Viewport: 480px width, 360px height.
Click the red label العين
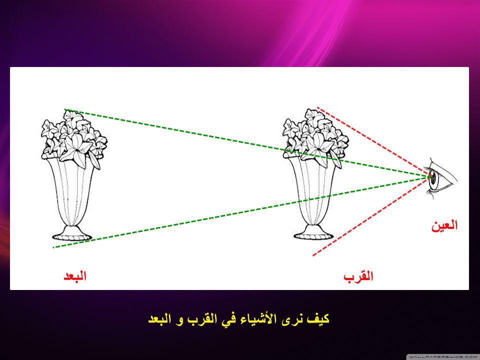(x=444, y=225)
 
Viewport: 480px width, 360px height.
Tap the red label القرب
(x=358, y=276)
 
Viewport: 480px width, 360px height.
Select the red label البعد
(x=75, y=276)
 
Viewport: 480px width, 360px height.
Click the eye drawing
(x=441, y=179)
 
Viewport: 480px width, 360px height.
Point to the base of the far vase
(x=72, y=233)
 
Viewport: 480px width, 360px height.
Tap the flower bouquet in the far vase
(x=74, y=139)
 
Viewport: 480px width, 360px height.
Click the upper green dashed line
(x=246, y=142)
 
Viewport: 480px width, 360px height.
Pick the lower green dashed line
(x=241, y=212)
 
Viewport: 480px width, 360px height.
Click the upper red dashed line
(x=373, y=141)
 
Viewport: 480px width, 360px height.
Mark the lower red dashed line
(x=370, y=216)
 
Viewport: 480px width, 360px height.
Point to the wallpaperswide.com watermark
(x=443, y=357)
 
